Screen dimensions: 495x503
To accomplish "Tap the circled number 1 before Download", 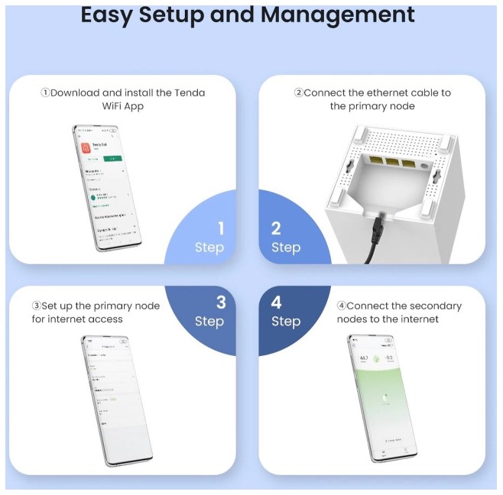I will tap(45, 92).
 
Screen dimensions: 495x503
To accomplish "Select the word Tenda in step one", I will tap(189, 92).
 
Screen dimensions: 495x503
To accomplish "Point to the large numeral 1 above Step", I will tap(221, 228).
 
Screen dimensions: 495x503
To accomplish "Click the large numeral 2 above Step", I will tap(276, 228).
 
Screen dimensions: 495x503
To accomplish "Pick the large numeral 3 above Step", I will tap(221, 302).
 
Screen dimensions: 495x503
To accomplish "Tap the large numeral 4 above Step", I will tap(277, 302).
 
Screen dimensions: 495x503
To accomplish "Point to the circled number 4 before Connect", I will tap(342, 306).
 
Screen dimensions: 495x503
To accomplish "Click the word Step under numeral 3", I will tap(209, 321).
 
